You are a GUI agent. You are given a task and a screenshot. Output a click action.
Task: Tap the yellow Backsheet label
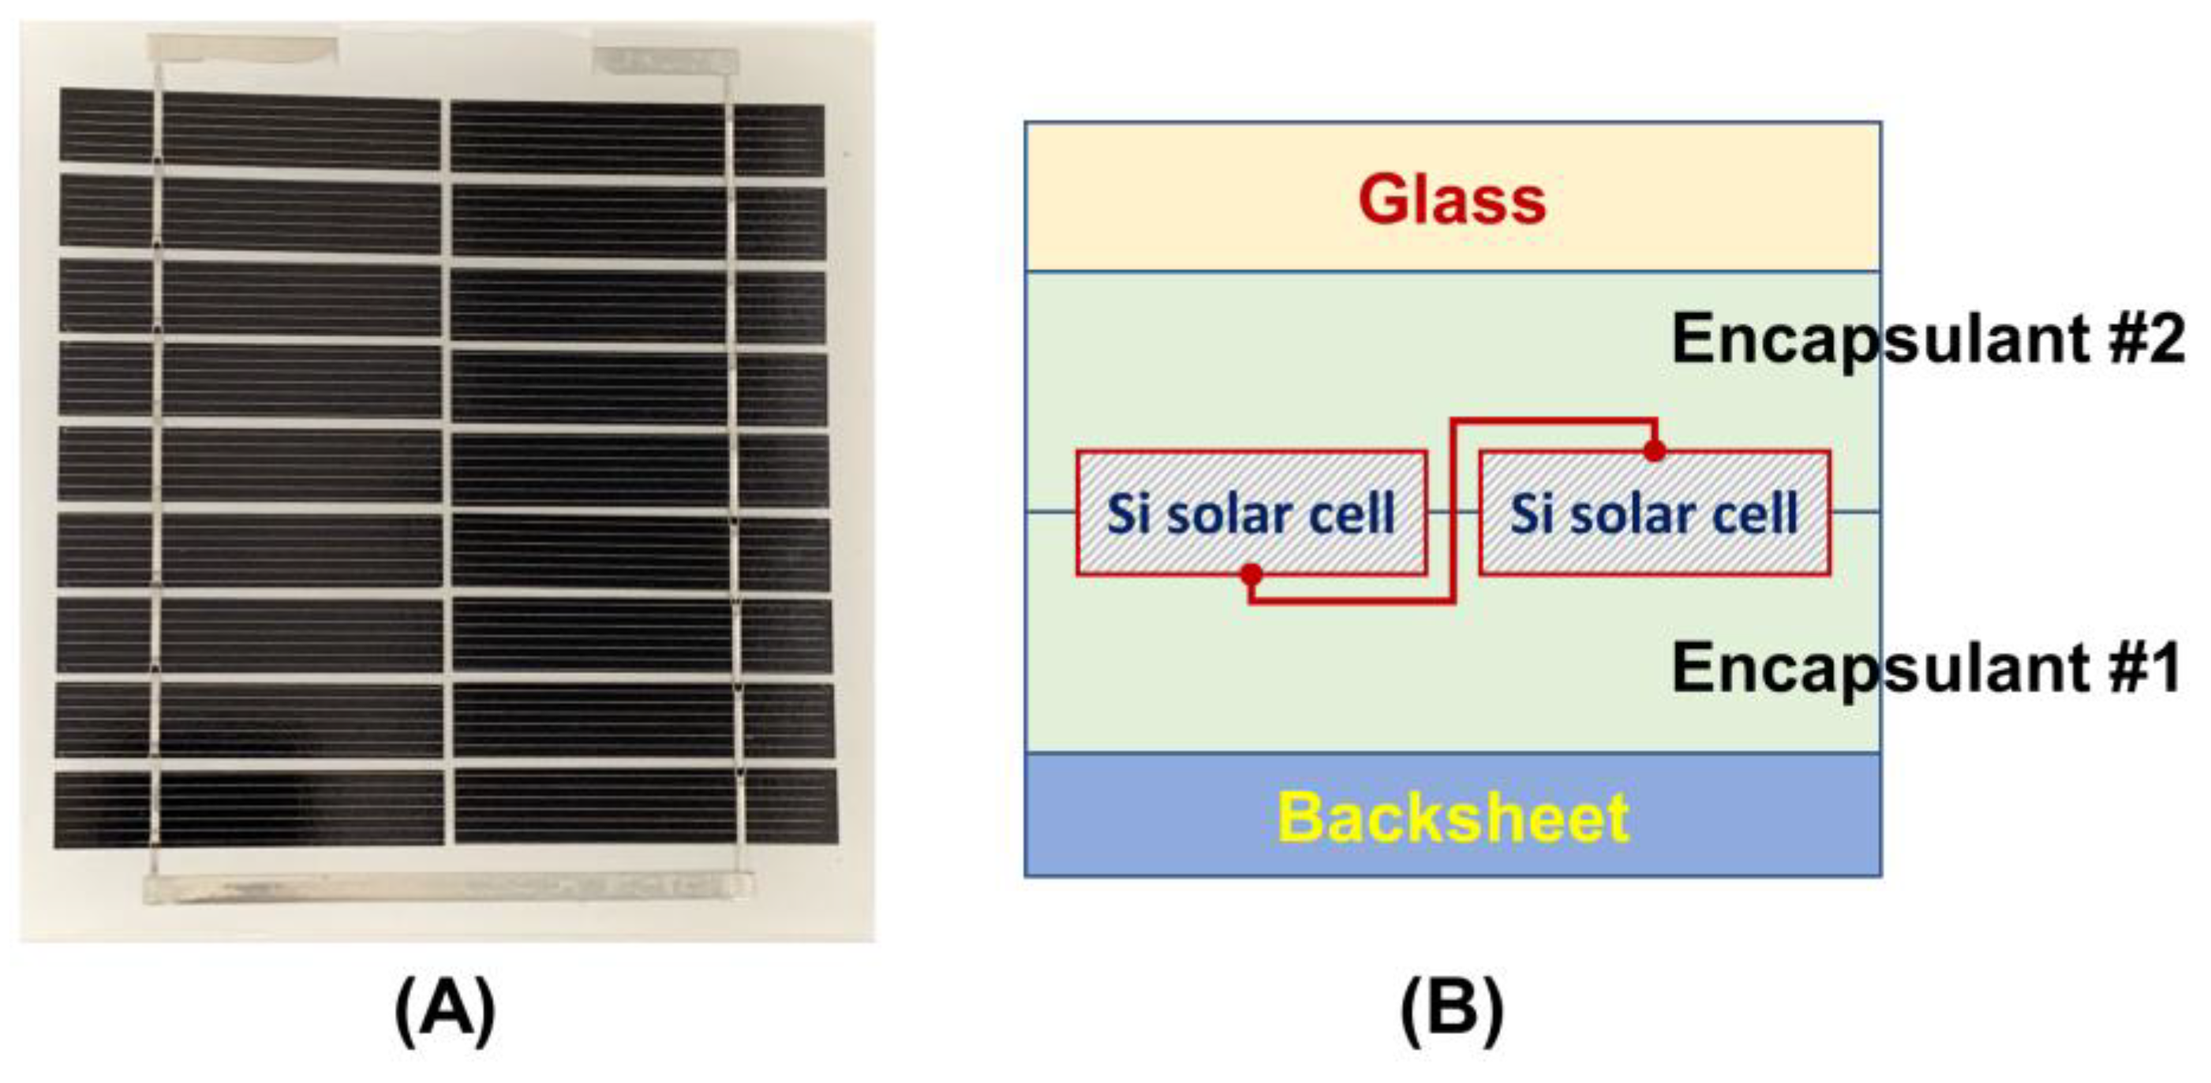pos(1452,816)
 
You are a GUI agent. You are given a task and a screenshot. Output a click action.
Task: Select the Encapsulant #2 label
pos(1927,340)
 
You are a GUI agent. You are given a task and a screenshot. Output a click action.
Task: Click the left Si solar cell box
pos(1251,513)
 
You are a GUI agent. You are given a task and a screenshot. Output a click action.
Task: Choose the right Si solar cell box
pos(1654,513)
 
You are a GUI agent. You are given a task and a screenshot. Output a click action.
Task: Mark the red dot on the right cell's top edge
pos(1655,450)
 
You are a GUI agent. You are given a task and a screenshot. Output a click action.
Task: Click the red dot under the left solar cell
pos(1251,574)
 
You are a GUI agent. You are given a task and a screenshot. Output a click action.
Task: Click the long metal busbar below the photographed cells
pos(447,887)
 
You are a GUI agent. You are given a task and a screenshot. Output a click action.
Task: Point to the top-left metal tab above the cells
pos(242,49)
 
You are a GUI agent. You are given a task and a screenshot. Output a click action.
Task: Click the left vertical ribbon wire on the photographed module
pos(156,463)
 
